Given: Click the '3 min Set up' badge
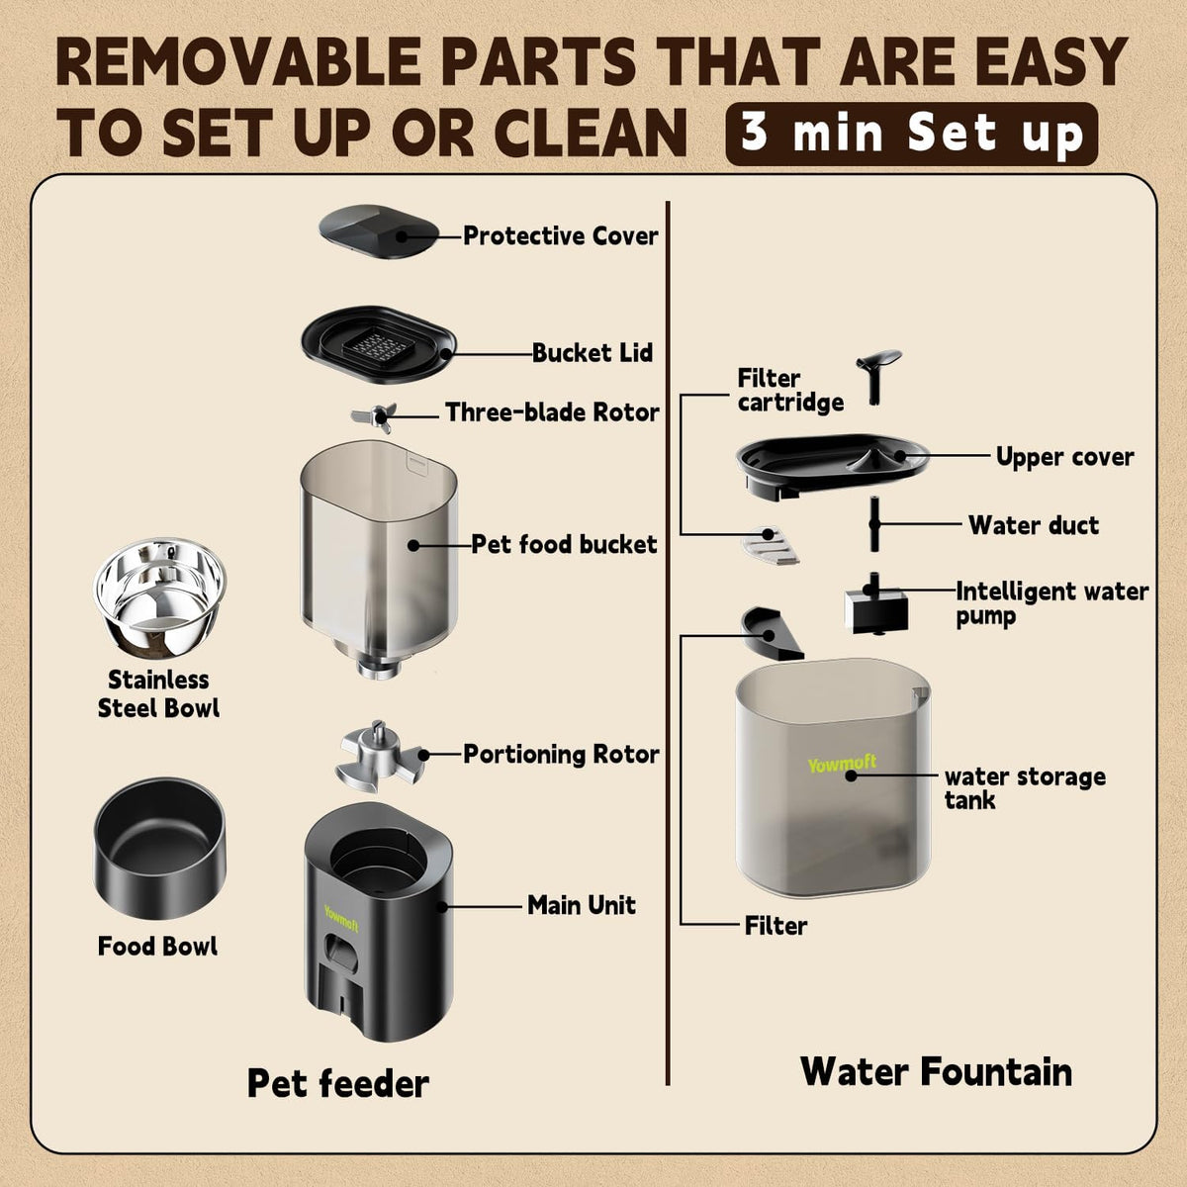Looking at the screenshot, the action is point(912,135).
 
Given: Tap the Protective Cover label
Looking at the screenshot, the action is point(561,236).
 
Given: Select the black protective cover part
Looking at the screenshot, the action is point(379,232).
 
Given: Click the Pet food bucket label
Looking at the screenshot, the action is point(564,544).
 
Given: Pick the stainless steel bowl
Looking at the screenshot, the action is point(159,597).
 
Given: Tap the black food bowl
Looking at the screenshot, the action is point(159,848).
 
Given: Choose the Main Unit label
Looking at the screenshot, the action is point(582,905).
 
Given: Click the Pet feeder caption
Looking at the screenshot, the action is point(338,1084).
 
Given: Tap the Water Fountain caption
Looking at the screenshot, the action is point(937,1072).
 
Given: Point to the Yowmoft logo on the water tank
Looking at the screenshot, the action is point(842,764).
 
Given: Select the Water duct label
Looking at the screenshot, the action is point(1034,525).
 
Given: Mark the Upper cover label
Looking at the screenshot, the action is point(1065,457).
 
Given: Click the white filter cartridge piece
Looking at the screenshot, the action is point(771,545).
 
